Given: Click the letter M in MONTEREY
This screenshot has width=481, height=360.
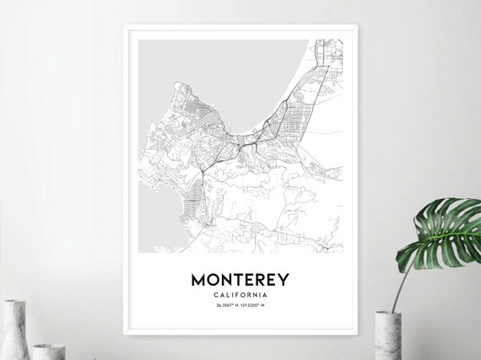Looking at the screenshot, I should [x=200, y=279].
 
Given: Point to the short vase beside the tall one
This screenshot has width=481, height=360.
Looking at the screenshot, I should [x=48, y=351].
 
